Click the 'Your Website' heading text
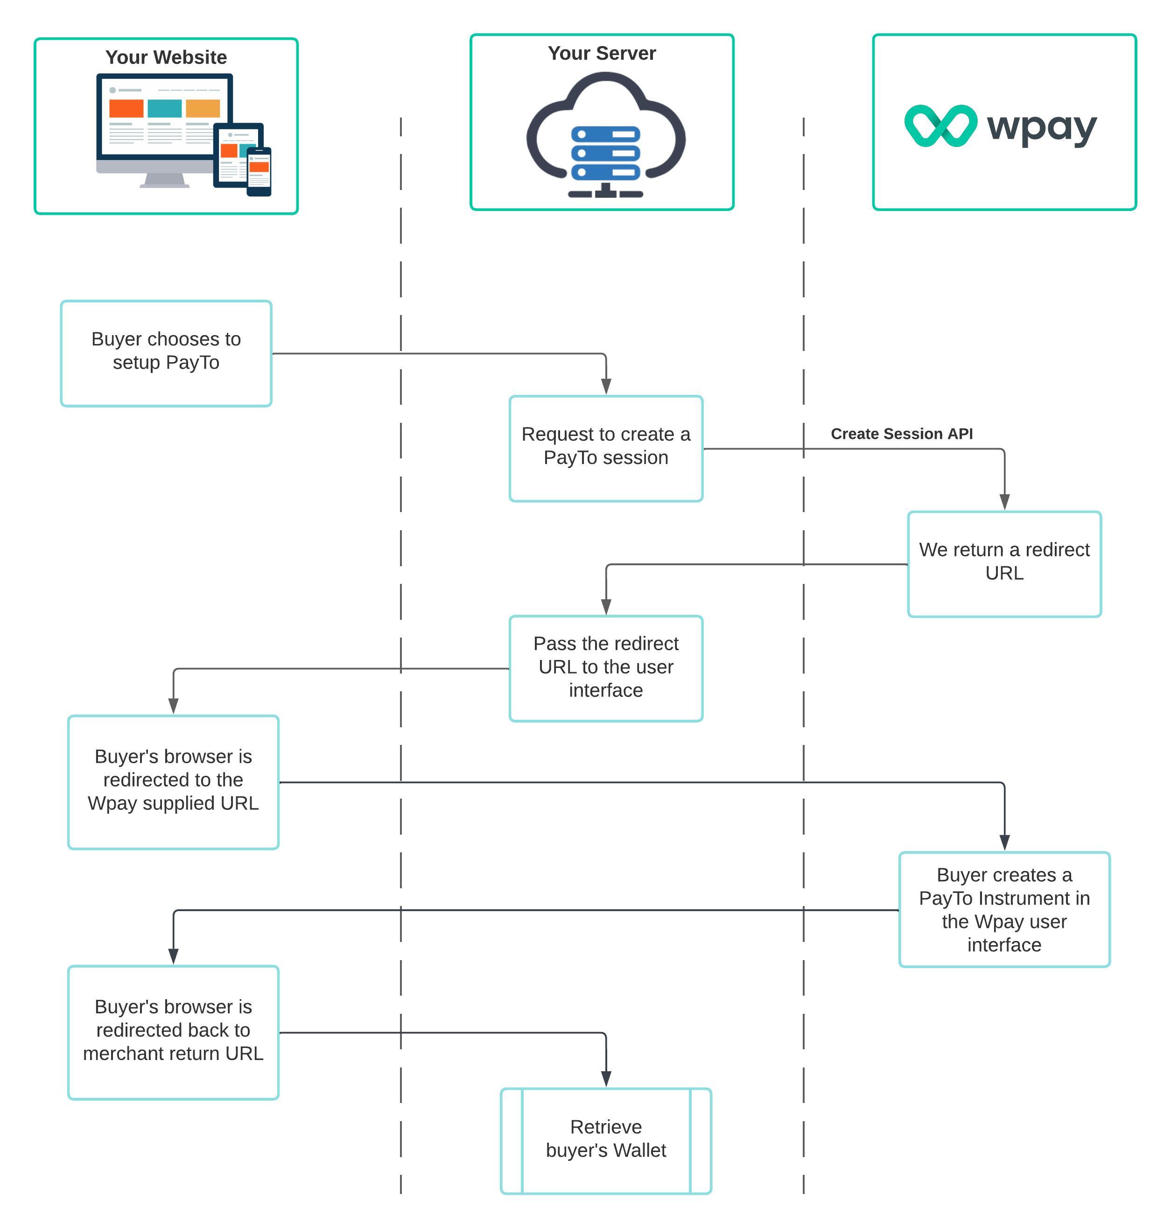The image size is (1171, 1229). click(166, 57)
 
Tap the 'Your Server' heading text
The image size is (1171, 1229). click(602, 54)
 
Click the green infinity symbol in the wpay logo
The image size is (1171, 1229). click(940, 126)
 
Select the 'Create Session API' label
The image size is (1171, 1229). click(901, 434)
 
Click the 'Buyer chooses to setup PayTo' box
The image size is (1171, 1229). click(166, 353)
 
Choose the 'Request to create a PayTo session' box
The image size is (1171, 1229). click(606, 448)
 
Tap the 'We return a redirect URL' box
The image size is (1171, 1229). click(1004, 564)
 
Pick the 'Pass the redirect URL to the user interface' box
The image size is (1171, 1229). click(606, 668)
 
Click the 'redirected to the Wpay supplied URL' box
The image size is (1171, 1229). click(174, 782)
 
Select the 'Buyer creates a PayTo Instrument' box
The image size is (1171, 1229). click(1004, 909)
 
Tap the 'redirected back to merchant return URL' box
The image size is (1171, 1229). click(174, 1032)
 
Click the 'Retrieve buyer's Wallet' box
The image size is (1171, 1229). click(606, 1141)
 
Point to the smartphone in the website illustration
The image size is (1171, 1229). click(259, 172)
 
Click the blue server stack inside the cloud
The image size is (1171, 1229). click(605, 153)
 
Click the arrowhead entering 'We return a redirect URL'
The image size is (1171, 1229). click(1004, 502)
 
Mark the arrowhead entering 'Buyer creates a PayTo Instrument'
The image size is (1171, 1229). click(1004, 842)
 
